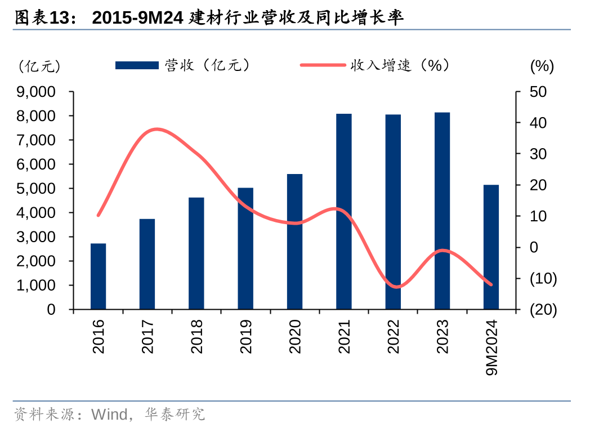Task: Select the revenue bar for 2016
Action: (99, 277)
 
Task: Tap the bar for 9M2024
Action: (491, 247)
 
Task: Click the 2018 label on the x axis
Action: (196, 337)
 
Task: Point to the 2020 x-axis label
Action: (295, 337)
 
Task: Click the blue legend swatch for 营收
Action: (137, 66)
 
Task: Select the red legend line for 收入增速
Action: (323, 66)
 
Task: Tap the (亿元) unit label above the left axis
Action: (39, 66)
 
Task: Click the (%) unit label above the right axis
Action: (542, 66)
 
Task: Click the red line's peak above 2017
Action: (156, 130)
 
